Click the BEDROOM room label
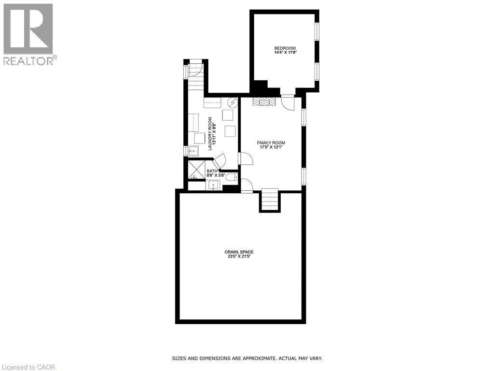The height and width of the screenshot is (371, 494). click(x=285, y=48)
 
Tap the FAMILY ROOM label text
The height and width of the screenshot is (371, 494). click(x=271, y=143)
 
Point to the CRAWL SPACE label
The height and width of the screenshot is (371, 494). click(x=239, y=252)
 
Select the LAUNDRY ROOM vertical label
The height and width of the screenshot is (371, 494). click(x=210, y=134)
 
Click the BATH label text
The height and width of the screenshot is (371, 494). click(x=212, y=171)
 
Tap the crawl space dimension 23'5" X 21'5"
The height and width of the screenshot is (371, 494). click(x=239, y=257)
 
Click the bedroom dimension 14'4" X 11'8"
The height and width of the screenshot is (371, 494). click(x=285, y=52)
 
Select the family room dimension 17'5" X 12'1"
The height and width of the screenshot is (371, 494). click(x=271, y=148)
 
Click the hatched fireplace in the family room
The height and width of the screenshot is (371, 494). click(x=263, y=101)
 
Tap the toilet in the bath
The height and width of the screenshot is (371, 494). click(x=232, y=177)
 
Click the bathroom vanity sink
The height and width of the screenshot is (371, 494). click(x=214, y=185)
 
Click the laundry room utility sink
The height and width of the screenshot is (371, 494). click(x=193, y=151)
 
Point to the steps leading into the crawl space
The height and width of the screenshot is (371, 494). click(x=270, y=200)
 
